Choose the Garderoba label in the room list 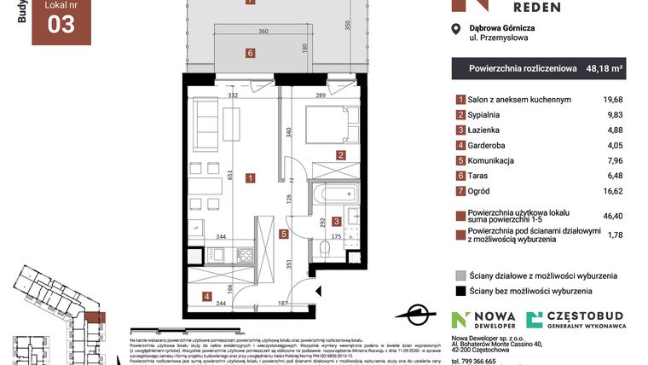(x=491, y=145)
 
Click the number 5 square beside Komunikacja (x=460, y=160)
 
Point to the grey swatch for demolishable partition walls (x=460, y=275)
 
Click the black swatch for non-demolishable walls (x=460, y=291)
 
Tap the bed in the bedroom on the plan (x=326, y=123)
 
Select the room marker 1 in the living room (x=250, y=178)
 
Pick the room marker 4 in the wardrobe (x=206, y=296)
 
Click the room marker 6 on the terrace (x=250, y=53)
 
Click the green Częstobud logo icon (x=535, y=320)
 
